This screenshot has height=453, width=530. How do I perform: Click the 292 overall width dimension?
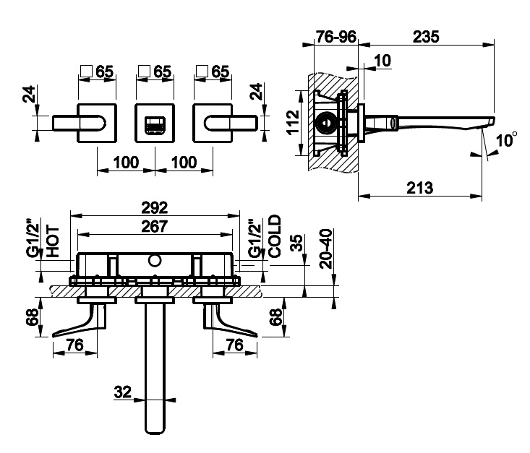[x=155, y=207]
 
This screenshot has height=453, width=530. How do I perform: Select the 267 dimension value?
[x=155, y=226]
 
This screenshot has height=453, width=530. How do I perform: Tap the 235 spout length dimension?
[x=426, y=36]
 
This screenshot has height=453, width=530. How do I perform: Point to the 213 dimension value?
[x=419, y=188]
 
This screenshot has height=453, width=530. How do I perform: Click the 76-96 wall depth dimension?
[x=335, y=36]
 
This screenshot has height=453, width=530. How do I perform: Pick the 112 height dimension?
[x=293, y=122]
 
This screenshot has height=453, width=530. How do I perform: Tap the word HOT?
[x=53, y=241]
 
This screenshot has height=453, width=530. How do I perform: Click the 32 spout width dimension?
[x=122, y=392]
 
